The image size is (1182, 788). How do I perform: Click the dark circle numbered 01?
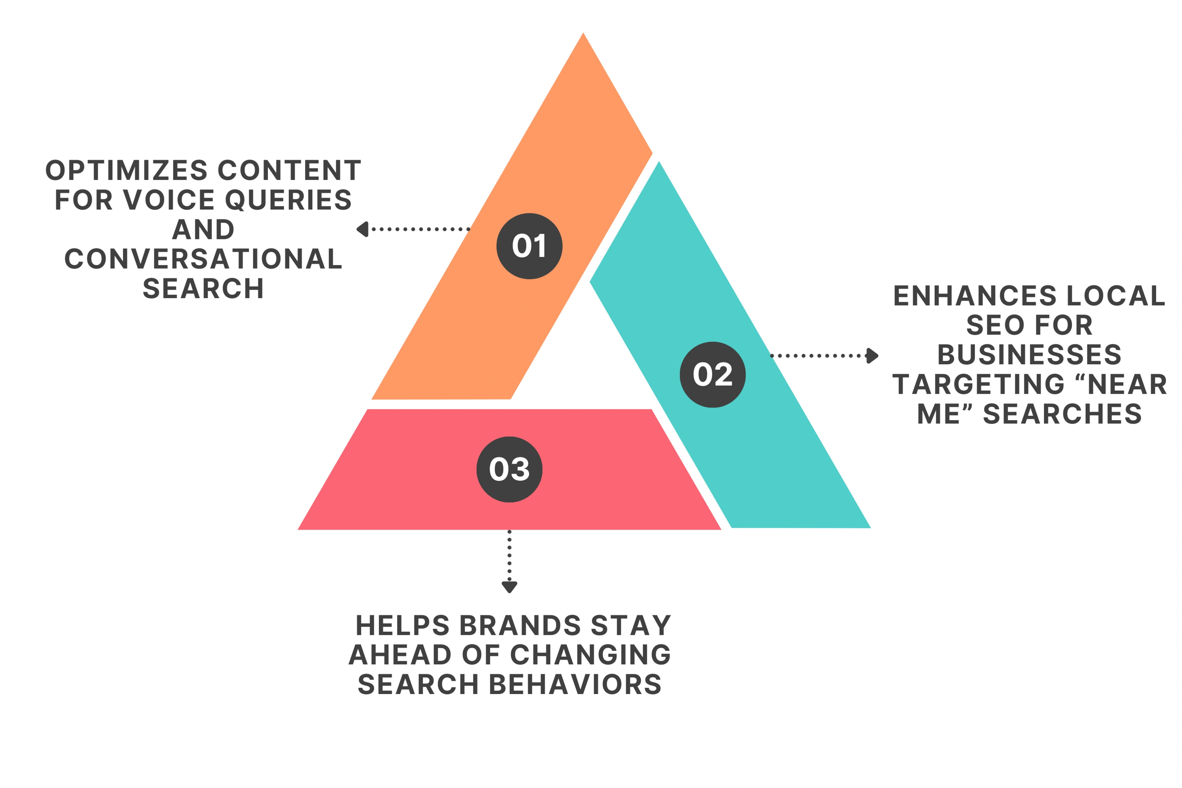(x=529, y=246)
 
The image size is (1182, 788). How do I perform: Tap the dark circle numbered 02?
(x=712, y=374)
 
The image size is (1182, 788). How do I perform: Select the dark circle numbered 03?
(x=510, y=470)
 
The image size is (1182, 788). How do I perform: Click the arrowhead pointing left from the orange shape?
(x=362, y=229)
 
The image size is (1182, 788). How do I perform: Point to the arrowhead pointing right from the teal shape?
(x=872, y=356)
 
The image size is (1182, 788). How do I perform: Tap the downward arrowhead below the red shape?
(x=510, y=587)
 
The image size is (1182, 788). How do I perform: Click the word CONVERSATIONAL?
(x=204, y=259)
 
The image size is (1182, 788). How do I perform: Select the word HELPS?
(x=402, y=626)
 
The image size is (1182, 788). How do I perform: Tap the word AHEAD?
(x=400, y=655)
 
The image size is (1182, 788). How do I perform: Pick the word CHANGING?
(x=591, y=655)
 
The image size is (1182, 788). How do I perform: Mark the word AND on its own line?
(x=204, y=230)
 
